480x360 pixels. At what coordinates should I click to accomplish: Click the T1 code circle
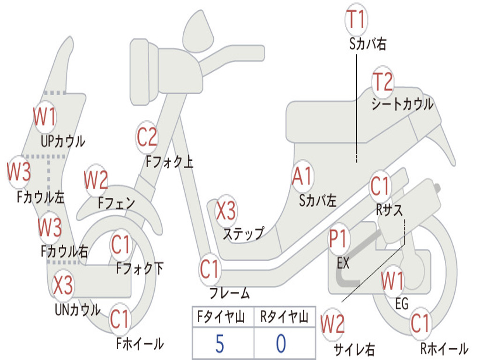(x=356, y=19)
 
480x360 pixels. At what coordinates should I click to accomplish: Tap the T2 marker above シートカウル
(x=382, y=82)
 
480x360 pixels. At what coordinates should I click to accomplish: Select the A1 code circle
(x=302, y=176)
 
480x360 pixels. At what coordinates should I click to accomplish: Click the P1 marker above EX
(x=338, y=239)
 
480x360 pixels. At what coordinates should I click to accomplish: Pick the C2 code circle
(x=147, y=137)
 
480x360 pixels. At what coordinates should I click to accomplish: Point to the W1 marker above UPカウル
(x=45, y=117)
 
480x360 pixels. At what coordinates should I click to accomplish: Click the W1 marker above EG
(x=393, y=281)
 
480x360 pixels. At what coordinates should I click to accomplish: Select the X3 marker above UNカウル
(x=63, y=285)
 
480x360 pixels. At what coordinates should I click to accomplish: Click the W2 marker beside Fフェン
(x=96, y=180)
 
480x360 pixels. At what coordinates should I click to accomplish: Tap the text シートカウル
(x=402, y=104)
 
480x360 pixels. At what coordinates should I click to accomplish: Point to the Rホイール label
(x=444, y=348)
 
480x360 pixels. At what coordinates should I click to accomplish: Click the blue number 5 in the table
(x=220, y=344)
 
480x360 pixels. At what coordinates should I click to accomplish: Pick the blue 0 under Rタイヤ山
(x=281, y=344)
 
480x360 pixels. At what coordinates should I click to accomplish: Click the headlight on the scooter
(x=144, y=72)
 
